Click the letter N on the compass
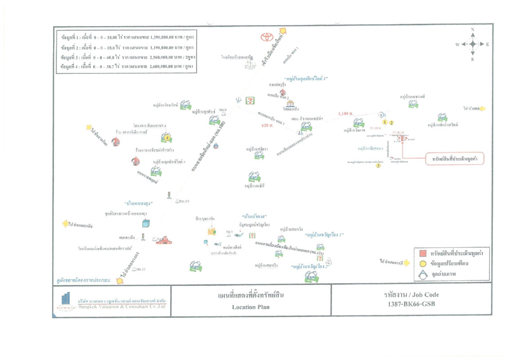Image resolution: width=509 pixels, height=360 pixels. [x=473, y=30]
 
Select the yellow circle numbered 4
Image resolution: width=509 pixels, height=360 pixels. [x=166, y=138]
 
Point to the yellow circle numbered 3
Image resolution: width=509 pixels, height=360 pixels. [x=379, y=166]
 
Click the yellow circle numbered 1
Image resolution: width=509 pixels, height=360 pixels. [x=385, y=122]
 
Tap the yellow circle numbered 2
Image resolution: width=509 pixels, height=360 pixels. [x=392, y=122]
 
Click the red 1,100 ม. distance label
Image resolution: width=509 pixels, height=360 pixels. [x=346, y=114]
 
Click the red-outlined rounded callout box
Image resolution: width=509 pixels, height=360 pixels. [x=455, y=159]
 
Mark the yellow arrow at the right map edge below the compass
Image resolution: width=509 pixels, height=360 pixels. [x=482, y=108]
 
